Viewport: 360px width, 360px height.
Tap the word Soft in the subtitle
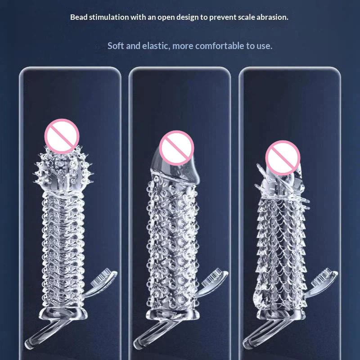[x=116, y=46]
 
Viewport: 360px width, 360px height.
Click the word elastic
[x=156, y=46]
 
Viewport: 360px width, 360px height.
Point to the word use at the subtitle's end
[x=265, y=46]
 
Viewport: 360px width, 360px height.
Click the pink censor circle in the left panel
[x=62, y=136]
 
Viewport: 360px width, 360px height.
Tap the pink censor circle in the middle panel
[x=176, y=148]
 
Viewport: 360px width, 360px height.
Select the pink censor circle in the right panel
[x=283, y=158]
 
